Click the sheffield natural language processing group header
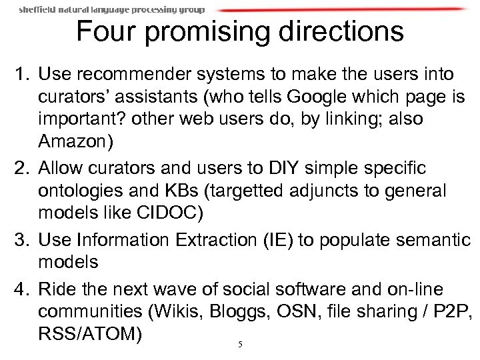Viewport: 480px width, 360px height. pos(111,9)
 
